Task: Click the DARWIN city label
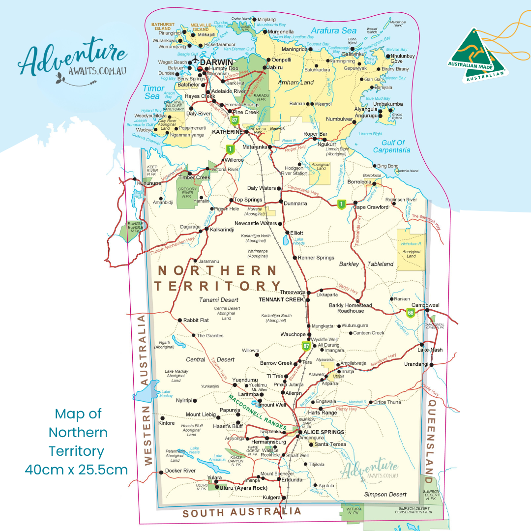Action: [x=218, y=62]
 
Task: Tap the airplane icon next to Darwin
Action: [x=197, y=61]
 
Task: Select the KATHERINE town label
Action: [x=227, y=132]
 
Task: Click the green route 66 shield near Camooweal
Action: [x=411, y=313]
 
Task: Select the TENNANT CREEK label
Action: [x=282, y=299]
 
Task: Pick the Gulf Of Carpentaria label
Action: [x=391, y=147]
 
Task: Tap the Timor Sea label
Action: [x=152, y=92]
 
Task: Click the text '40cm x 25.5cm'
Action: [x=76, y=470]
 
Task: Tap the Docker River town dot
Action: [x=161, y=472]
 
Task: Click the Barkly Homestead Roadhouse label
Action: [x=351, y=308]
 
